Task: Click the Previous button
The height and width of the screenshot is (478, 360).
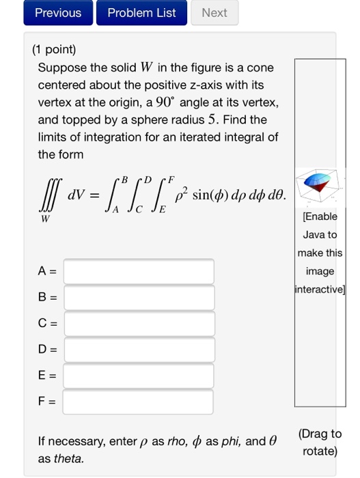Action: (57, 13)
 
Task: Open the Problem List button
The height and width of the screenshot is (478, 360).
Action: (141, 13)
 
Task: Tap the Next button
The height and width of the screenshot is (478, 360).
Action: (214, 13)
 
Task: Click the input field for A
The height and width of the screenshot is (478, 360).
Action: (139, 271)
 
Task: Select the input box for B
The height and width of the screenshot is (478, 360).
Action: (139, 298)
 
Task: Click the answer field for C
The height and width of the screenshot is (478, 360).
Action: (139, 324)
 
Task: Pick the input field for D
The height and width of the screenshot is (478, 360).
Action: (139, 350)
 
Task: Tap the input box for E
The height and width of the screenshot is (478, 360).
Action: (139, 376)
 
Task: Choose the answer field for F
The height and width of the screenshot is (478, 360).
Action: (139, 402)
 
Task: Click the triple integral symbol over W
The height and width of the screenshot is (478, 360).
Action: (47, 197)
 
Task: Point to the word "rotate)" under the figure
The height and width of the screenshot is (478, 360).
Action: (320, 451)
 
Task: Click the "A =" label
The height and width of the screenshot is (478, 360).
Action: (47, 272)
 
